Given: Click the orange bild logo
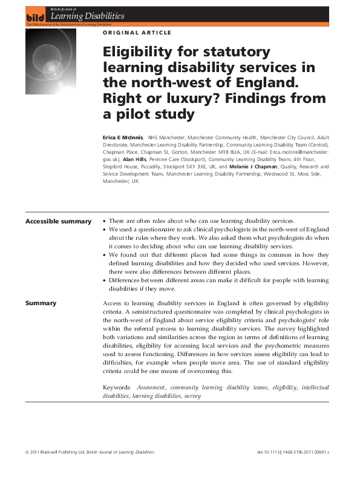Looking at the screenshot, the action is pos(33,18).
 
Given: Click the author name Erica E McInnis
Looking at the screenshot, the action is pos(123,138).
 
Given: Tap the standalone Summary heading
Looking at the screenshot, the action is pos(41,303).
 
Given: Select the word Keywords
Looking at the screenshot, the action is pos(117,386).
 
